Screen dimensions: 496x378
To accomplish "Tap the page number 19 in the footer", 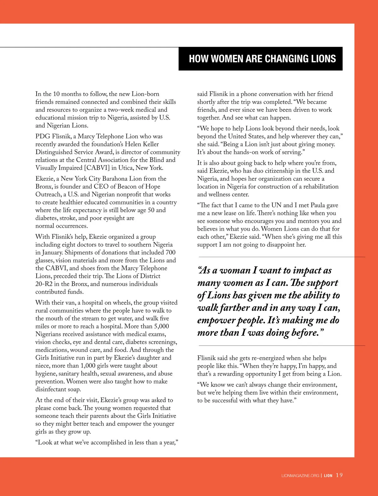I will click(x=339, y=475).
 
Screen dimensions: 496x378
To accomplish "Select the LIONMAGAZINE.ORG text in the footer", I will click(x=300, y=476).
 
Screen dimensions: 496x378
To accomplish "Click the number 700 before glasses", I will click(x=170, y=252).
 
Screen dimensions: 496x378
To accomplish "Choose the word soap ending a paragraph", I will click(x=74, y=389).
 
